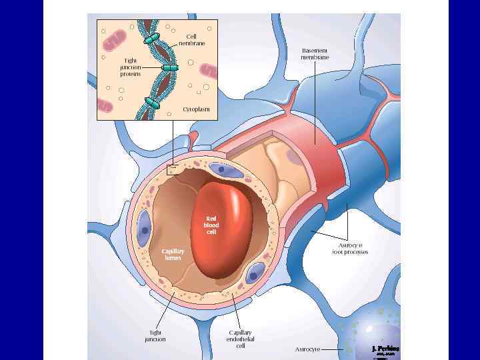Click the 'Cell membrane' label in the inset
[x=191, y=39]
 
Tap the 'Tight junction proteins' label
[x=130, y=67]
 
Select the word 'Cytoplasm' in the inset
[x=196, y=108]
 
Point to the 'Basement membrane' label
[x=315, y=54]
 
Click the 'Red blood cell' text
[x=211, y=225]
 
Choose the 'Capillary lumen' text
[x=173, y=254]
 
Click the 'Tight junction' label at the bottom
[x=155, y=335]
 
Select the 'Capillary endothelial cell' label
[x=240, y=339]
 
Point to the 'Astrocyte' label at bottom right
[x=307, y=349]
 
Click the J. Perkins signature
[x=385, y=349]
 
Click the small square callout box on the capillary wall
[x=173, y=169]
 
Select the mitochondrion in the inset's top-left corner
[x=114, y=39]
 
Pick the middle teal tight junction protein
[x=169, y=68]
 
